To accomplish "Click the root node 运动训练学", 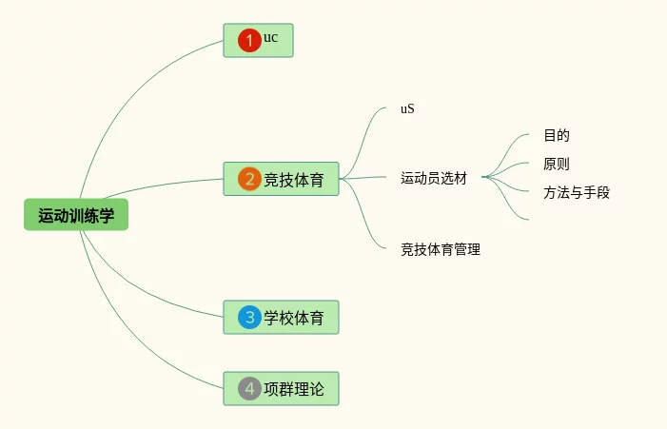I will pos(76,216).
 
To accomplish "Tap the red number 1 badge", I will pos(249,40).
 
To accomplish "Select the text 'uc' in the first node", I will pos(271,38).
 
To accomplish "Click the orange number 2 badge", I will pos(249,179).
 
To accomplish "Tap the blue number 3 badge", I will pos(249,317).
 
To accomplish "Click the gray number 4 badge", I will pos(249,388).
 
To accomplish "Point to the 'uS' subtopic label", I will pos(407,108).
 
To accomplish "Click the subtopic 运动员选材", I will pos(434,178).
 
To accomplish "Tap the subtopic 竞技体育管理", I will pos(441,250).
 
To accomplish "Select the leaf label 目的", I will pos(557,135).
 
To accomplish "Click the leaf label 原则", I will pos(557,164).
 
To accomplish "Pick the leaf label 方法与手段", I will pos(577,192).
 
